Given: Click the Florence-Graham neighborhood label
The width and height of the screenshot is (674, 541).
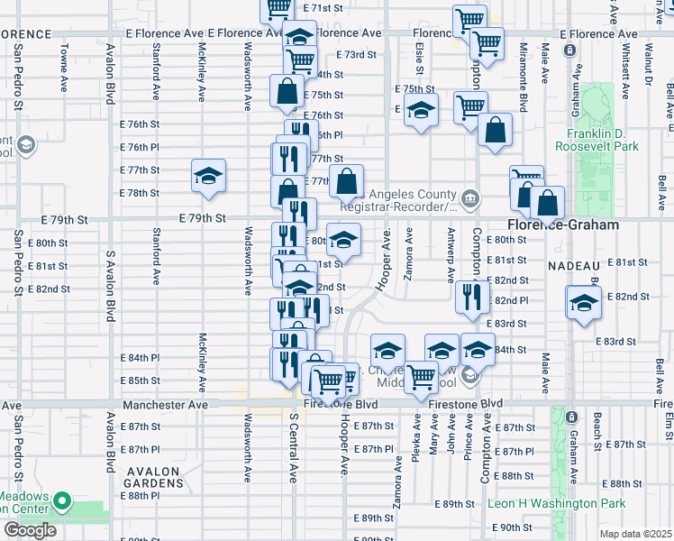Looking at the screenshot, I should (562, 225).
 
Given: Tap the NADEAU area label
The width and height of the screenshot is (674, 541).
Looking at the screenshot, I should (574, 266).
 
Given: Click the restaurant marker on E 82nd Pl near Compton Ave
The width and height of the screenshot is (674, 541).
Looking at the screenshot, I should (471, 298).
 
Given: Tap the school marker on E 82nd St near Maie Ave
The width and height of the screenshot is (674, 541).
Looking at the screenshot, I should (583, 302).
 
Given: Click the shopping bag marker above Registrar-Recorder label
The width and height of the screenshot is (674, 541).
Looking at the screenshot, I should (347, 181).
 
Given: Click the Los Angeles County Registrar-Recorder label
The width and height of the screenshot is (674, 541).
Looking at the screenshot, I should (405, 200).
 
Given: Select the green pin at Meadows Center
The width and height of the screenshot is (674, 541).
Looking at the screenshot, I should (61, 500).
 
